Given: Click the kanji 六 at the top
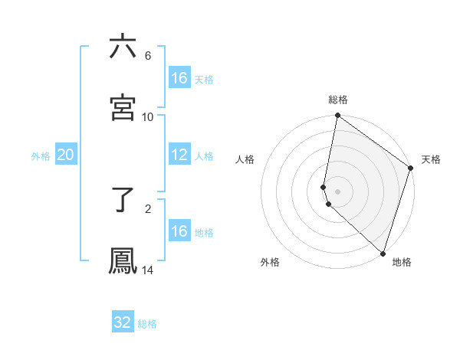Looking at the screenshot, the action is (x=123, y=47).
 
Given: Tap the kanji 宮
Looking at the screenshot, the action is (x=123, y=108).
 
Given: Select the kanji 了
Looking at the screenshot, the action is (x=123, y=201).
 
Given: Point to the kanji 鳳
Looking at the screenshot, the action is (x=123, y=261).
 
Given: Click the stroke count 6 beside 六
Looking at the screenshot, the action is (x=148, y=56).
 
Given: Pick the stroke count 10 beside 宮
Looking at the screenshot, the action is (x=148, y=116).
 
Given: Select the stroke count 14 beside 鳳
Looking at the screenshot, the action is (x=148, y=270).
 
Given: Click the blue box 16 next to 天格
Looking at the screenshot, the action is (x=179, y=77).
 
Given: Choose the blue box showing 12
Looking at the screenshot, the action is (x=179, y=155).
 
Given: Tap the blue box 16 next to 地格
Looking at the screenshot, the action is (x=179, y=231).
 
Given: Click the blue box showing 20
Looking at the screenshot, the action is (x=66, y=155).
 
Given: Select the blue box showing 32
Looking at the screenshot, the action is (x=123, y=322).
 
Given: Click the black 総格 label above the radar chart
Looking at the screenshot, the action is (x=338, y=100).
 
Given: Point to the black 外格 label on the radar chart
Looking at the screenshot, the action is (x=270, y=262).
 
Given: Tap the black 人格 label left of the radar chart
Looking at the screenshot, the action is (x=245, y=159).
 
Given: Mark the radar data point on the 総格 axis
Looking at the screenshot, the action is (x=337, y=116).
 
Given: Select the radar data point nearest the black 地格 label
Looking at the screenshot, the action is (x=383, y=254).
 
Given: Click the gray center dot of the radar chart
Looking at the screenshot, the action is (x=338, y=190).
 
